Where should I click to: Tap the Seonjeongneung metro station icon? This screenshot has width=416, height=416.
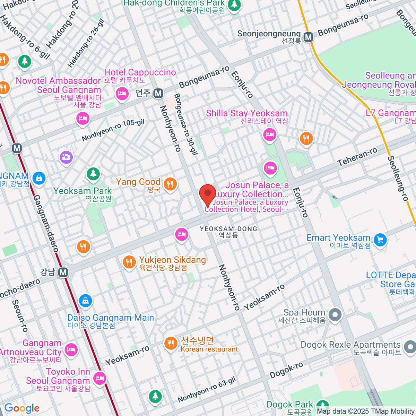click(x=308, y=37)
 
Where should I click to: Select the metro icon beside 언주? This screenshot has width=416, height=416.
click(x=158, y=93)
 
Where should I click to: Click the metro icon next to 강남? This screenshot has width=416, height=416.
click(x=63, y=272)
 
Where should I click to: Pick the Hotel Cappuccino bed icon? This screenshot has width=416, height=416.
click(x=122, y=94)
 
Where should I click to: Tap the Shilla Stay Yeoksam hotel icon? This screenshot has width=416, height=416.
click(x=270, y=134)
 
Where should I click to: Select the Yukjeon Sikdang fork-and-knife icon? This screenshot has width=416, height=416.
click(x=129, y=261)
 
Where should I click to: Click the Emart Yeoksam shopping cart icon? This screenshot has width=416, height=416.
click(x=380, y=239)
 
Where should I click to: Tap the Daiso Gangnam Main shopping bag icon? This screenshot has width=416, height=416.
click(x=85, y=300)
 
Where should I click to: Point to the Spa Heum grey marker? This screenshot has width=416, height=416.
click(x=335, y=315)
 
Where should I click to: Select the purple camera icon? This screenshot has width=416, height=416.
click(x=66, y=157)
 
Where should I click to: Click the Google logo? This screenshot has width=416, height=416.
click(x=22, y=408)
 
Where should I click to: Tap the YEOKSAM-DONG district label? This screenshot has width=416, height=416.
click(x=228, y=229)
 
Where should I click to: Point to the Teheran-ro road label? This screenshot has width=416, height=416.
click(x=357, y=157)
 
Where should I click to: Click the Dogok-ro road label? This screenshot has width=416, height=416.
click(x=286, y=371)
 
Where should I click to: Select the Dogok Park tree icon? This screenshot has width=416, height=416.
click(x=322, y=405)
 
